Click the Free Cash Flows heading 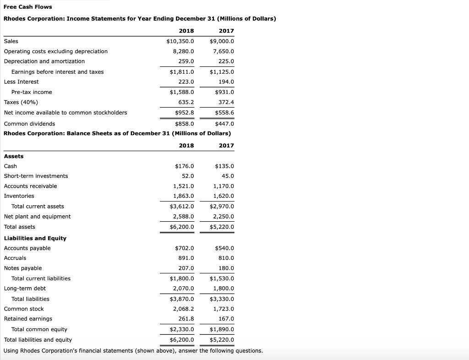pyautogui.click(x=28, y=7)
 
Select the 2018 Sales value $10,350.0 pyautogui.click(x=180, y=41)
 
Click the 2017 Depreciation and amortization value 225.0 pyautogui.click(x=226, y=61)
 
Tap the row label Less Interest pyautogui.click(x=22, y=82)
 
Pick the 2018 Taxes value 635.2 pyautogui.click(x=185, y=103)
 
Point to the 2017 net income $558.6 pyautogui.click(x=224, y=113)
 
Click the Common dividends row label pyautogui.click(x=29, y=124)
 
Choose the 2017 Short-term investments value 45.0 pyautogui.click(x=228, y=176)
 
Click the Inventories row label pyautogui.click(x=19, y=196)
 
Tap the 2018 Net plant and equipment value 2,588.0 pyautogui.click(x=183, y=217)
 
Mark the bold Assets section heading pyautogui.click(x=14, y=156)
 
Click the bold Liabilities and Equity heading pyautogui.click(x=35, y=238)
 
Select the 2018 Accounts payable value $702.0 pyautogui.click(x=185, y=248)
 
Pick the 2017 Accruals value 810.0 pyautogui.click(x=226, y=258)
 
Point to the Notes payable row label pyautogui.click(x=23, y=268)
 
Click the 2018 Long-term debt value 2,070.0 pyautogui.click(x=183, y=289)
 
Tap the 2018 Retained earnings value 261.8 pyautogui.click(x=186, y=319)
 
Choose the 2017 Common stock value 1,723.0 pyautogui.click(x=224, y=309)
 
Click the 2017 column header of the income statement pyautogui.click(x=226, y=31)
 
